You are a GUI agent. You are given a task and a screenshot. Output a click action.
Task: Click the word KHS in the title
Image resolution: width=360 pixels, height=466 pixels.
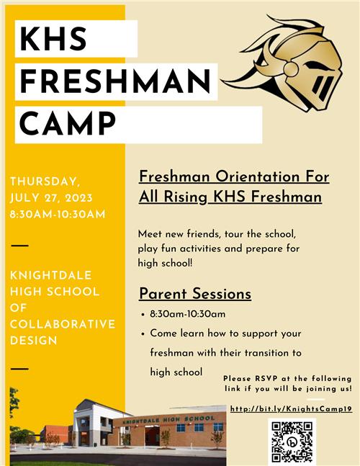click(x=53, y=39)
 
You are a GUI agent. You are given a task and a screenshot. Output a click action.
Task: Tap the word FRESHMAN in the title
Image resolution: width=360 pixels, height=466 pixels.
click(x=115, y=81)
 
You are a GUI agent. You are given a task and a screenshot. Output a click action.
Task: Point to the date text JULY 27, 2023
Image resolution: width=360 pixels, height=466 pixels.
click(x=51, y=198)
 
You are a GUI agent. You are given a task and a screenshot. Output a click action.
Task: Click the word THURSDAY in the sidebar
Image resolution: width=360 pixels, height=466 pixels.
click(x=44, y=182)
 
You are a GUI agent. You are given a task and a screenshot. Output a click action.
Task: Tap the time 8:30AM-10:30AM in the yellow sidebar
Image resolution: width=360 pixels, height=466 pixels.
click(x=58, y=215)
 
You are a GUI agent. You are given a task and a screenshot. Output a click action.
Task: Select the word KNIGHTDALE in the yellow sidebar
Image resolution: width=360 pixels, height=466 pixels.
click(x=51, y=276)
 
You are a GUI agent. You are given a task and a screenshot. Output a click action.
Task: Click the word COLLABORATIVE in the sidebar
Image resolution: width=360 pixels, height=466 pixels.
click(x=63, y=324)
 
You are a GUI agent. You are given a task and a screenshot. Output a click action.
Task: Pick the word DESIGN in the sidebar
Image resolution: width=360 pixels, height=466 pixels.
click(x=34, y=341)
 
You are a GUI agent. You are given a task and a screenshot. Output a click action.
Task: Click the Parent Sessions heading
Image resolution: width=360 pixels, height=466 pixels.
click(x=195, y=294)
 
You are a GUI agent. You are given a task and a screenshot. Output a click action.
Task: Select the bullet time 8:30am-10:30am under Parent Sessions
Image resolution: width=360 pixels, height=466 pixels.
click(x=188, y=314)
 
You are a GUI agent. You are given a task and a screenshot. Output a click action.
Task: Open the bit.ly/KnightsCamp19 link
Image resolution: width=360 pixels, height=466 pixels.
click(x=292, y=409)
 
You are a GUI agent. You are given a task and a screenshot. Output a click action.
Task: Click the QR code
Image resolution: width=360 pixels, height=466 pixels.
click(x=292, y=442)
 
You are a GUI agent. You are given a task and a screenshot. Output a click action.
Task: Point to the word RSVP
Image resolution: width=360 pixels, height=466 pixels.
click(x=266, y=379)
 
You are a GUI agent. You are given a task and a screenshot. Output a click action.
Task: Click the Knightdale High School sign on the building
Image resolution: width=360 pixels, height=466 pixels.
click(x=168, y=420)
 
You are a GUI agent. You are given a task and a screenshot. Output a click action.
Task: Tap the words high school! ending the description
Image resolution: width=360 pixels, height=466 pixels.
click(x=165, y=263)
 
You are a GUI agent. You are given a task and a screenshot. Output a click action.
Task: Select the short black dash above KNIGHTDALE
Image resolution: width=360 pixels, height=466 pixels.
click(x=19, y=246)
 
